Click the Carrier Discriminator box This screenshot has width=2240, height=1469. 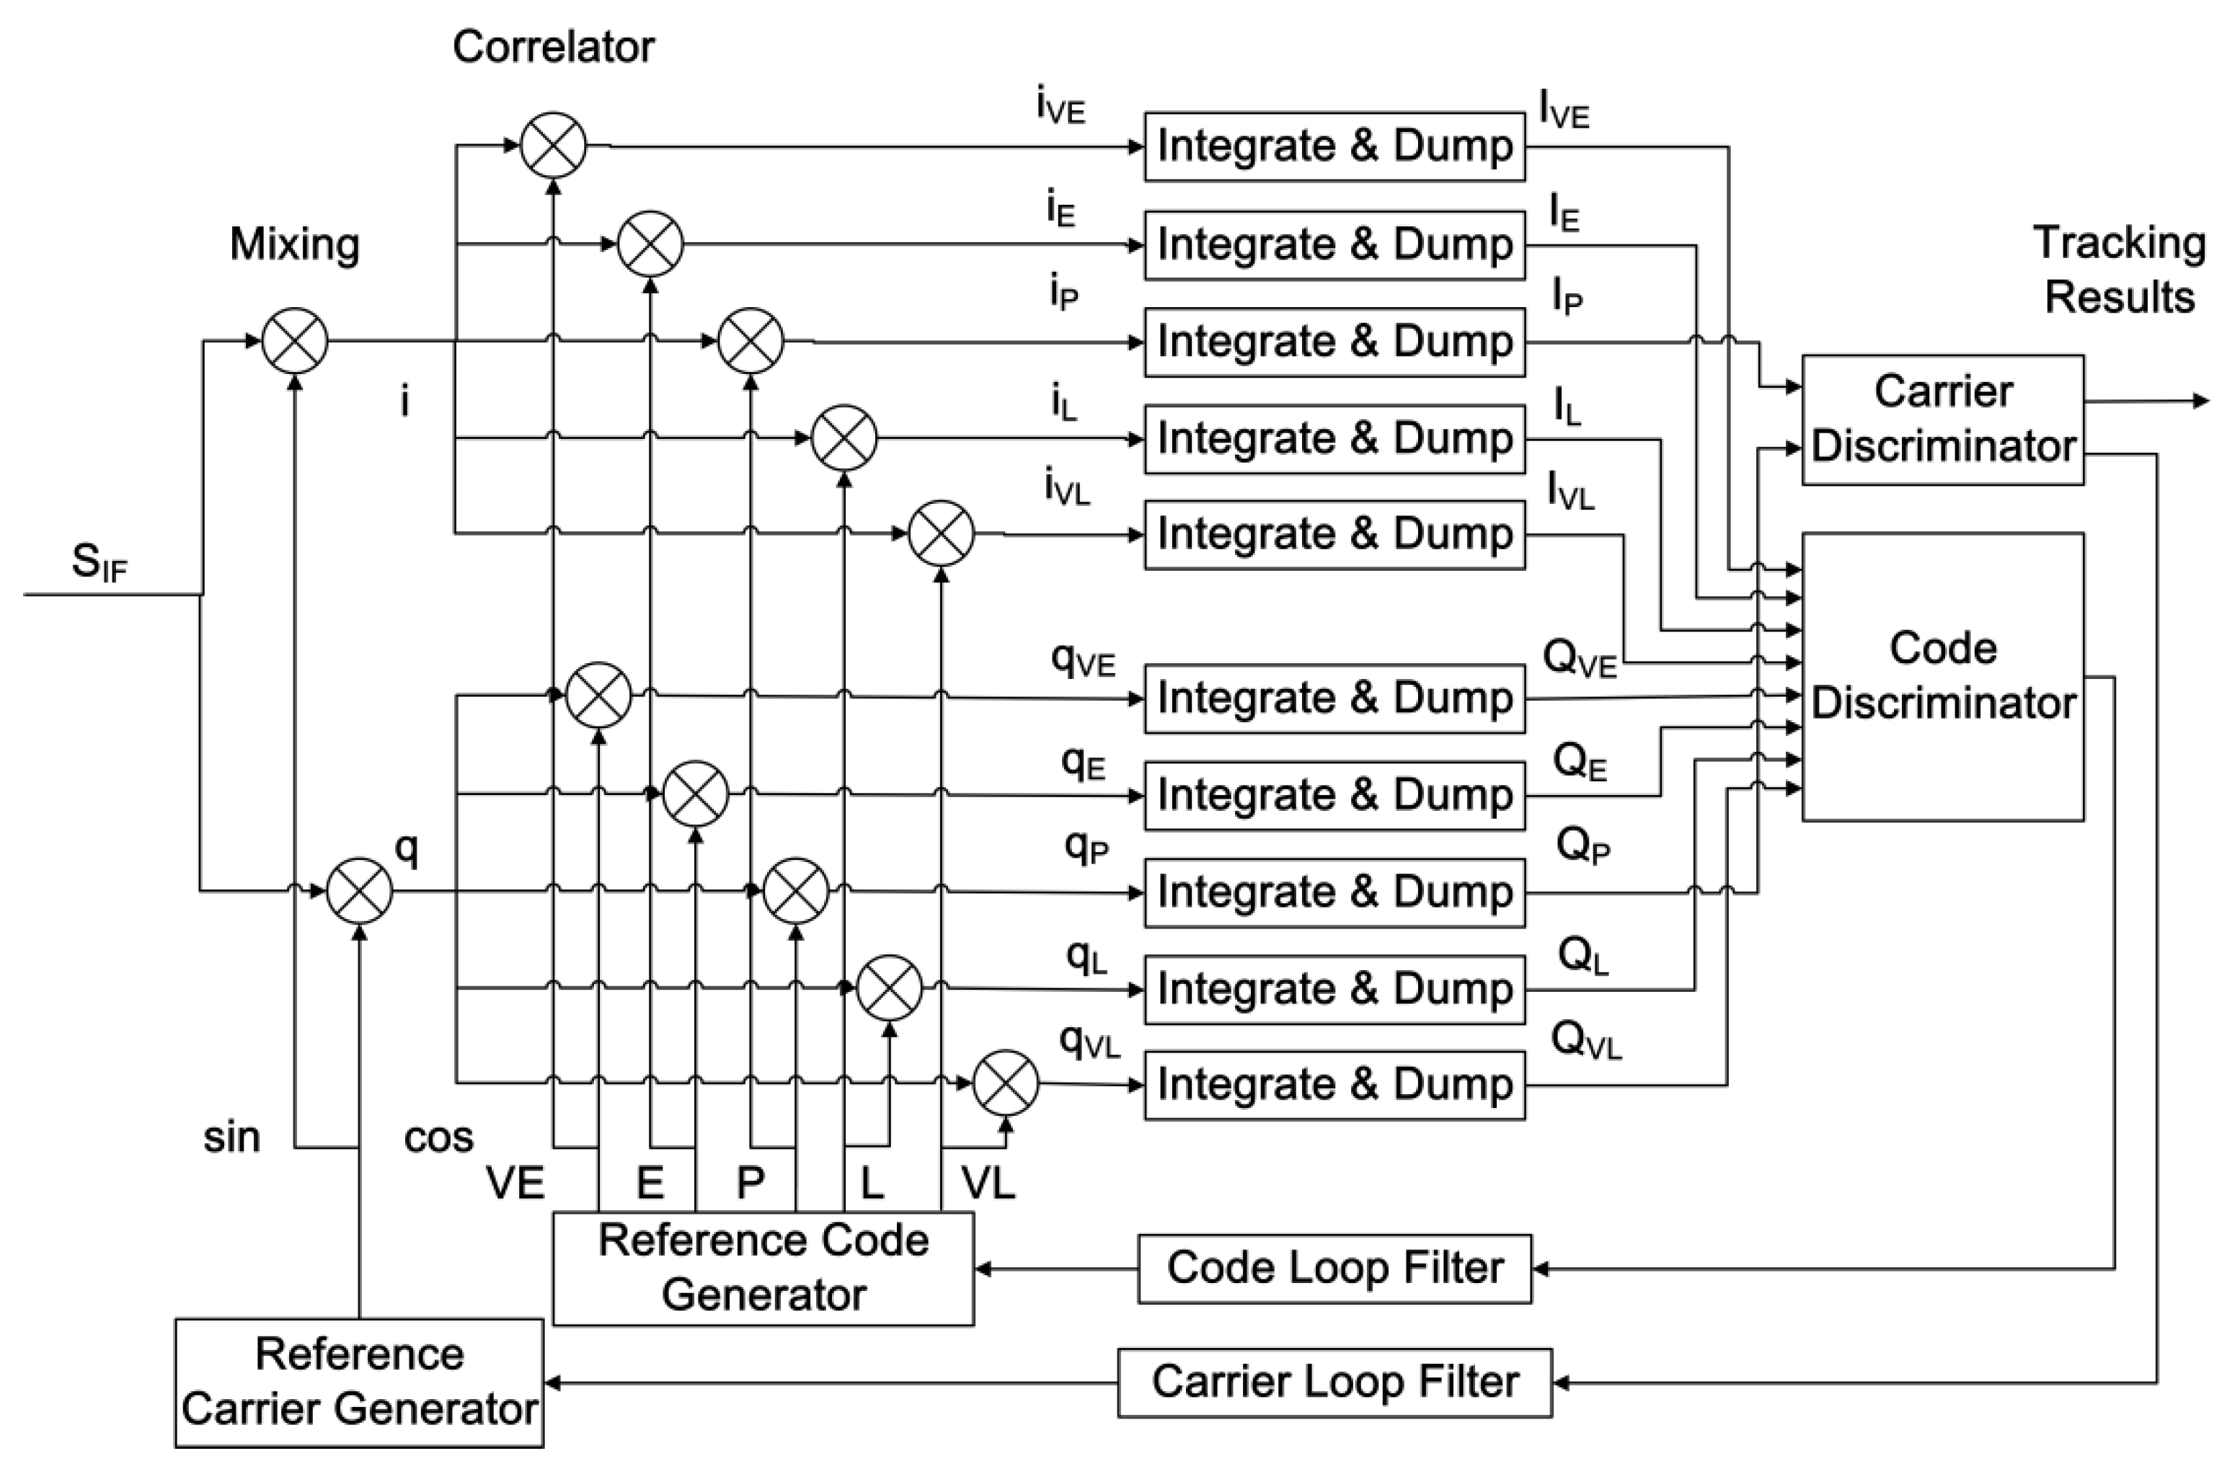(x=1942, y=420)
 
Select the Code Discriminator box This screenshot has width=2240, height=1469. (x=1942, y=675)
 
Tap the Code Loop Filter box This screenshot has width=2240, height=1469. (x=1334, y=1269)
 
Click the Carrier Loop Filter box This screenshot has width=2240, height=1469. (x=1334, y=1383)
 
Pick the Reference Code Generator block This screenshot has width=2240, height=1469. (x=762, y=1269)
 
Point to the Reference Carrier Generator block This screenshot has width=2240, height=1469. (x=358, y=1383)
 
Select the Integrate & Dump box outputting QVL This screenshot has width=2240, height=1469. (x=1334, y=1085)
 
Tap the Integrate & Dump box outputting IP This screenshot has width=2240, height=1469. (x=1334, y=342)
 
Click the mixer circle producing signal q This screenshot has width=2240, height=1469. (x=358, y=890)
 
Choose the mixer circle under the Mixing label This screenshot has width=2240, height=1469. (x=295, y=342)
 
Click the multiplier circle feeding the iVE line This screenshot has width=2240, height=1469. (x=554, y=146)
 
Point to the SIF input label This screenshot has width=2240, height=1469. (x=99, y=563)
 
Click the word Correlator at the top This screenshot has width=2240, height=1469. (x=554, y=47)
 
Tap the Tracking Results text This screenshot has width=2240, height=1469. (x=2120, y=270)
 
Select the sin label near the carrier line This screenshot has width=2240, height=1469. (x=231, y=1137)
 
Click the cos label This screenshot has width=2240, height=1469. (x=438, y=1137)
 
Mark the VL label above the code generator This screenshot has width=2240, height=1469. (x=987, y=1183)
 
